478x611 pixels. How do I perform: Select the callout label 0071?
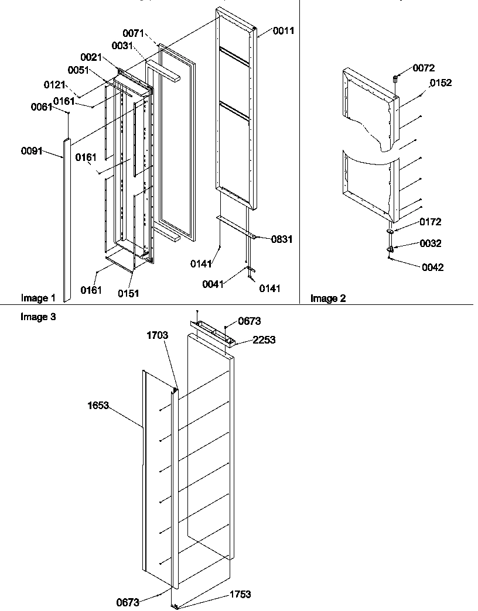[x=133, y=34]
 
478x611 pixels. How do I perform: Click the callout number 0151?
[x=128, y=293]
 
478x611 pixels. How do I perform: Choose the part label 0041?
[x=213, y=284]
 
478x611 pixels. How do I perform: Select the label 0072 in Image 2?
[x=424, y=68]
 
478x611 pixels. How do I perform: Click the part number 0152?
[x=441, y=83]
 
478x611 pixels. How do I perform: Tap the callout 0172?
[x=431, y=222]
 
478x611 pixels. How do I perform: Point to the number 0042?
[x=433, y=267]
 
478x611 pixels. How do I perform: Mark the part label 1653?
[x=99, y=405]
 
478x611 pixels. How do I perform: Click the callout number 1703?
[x=158, y=335]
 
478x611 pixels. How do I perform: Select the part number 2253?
[x=264, y=339]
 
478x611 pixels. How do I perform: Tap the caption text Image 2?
[x=328, y=298]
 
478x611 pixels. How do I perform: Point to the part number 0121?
[x=55, y=85]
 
